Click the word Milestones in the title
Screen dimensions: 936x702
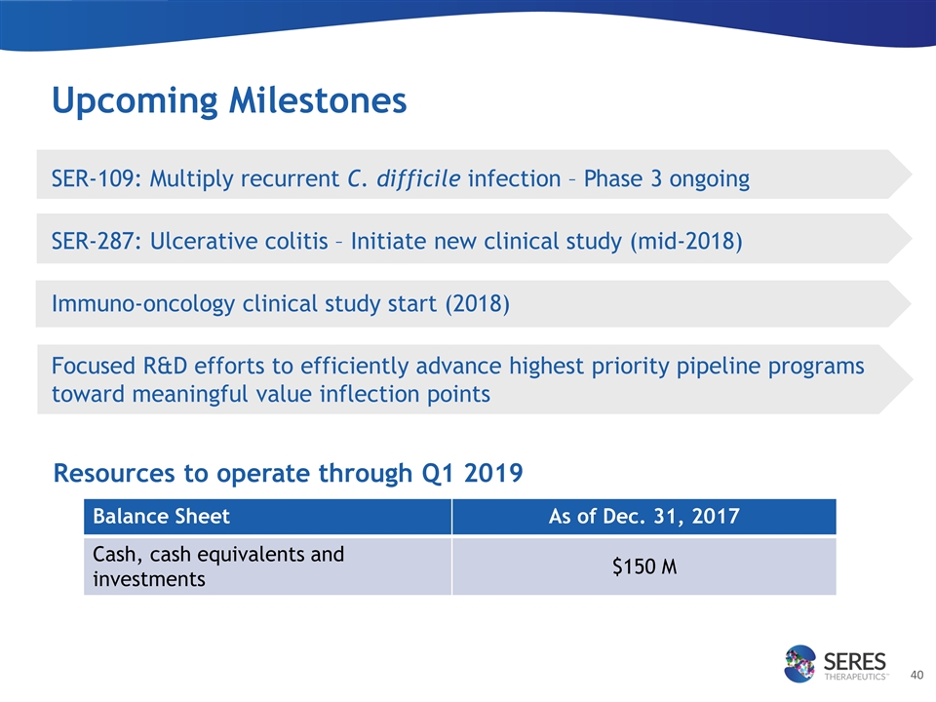click(318, 99)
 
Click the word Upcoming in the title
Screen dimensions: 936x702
click(135, 101)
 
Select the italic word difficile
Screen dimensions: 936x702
click(418, 178)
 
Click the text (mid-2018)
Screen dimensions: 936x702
click(686, 241)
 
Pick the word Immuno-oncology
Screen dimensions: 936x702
click(143, 304)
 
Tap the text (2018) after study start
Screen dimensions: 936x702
click(478, 304)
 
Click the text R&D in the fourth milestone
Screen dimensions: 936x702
click(165, 366)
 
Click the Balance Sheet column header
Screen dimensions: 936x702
click(161, 517)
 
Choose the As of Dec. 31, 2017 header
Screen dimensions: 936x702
click(644, 517)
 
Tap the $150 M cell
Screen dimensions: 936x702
click(644, 566)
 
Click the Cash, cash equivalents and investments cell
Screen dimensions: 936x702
click(218, 566)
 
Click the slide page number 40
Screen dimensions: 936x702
click(916, 675)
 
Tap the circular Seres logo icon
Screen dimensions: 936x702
click(799, 663)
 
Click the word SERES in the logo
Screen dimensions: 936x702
click(855, 661)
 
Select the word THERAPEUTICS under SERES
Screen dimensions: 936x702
click(855, 677)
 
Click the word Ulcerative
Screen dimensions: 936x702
click(239, 241)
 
